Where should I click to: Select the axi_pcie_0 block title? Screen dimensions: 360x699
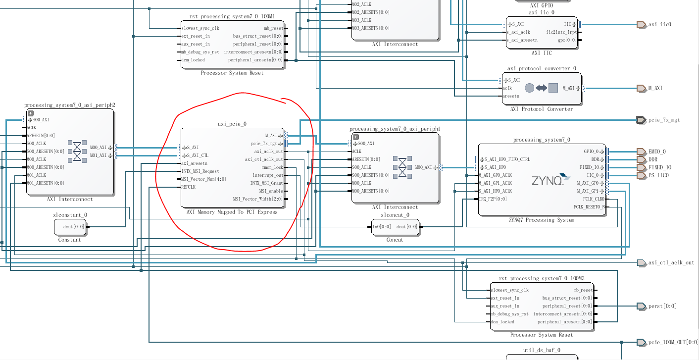coord(232,124)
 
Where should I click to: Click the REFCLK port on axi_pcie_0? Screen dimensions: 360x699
coord(189,187)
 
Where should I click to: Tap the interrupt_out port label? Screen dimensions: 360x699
coord(268,175)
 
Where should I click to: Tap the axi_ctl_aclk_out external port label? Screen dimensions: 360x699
coord(671,263)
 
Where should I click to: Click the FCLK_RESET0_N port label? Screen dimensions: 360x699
coord(589,207)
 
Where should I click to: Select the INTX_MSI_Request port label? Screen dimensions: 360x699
coord(200,171)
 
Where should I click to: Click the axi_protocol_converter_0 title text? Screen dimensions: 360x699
coord(542,69)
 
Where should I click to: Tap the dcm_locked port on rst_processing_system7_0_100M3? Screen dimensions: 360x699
coord(502,322)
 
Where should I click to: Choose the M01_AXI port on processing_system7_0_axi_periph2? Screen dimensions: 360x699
coord(98,155)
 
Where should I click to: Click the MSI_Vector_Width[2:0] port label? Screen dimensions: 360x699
coord(258,199)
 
